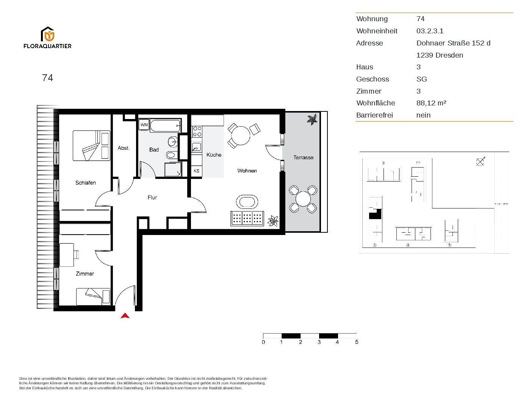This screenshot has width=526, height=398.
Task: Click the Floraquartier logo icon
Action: click(48, 34)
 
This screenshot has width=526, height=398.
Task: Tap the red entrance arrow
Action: click(125, 316)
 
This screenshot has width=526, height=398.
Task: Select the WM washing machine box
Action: click(144, 125)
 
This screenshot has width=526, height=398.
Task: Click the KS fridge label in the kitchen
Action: click(196, 171)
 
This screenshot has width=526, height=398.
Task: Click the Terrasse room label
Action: click(303, 157)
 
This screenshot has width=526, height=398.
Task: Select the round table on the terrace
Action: click(303, 199)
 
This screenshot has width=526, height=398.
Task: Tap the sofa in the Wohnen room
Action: click(247, 218)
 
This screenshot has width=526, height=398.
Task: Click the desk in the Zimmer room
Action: click(67, 255)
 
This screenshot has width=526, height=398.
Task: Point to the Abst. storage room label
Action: click(124, 148)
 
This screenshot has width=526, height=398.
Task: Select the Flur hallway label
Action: click(152, 197)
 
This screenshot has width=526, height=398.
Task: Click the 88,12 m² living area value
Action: click(431, 103)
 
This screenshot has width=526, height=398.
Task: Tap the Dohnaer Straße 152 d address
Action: click(453, 43)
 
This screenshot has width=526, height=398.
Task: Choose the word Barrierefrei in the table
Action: click(374, 115)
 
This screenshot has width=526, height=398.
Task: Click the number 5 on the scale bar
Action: click(356, 342)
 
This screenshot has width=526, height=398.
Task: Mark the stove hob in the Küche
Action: click(197, 132)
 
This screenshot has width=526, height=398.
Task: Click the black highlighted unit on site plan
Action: click(374, 215)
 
